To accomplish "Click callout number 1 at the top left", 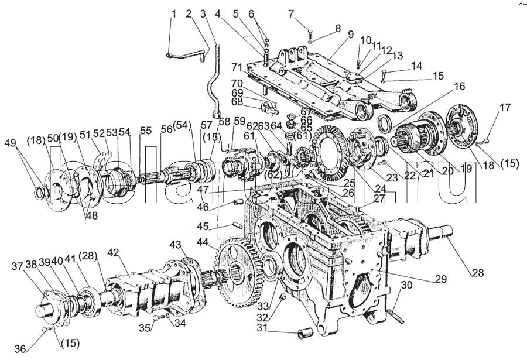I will click(173, 13).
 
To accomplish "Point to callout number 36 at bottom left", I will click(20, 349).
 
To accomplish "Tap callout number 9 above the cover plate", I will click(350, 34).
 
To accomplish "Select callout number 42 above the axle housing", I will click(113, 253).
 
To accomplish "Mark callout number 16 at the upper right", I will click(458, 86).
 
